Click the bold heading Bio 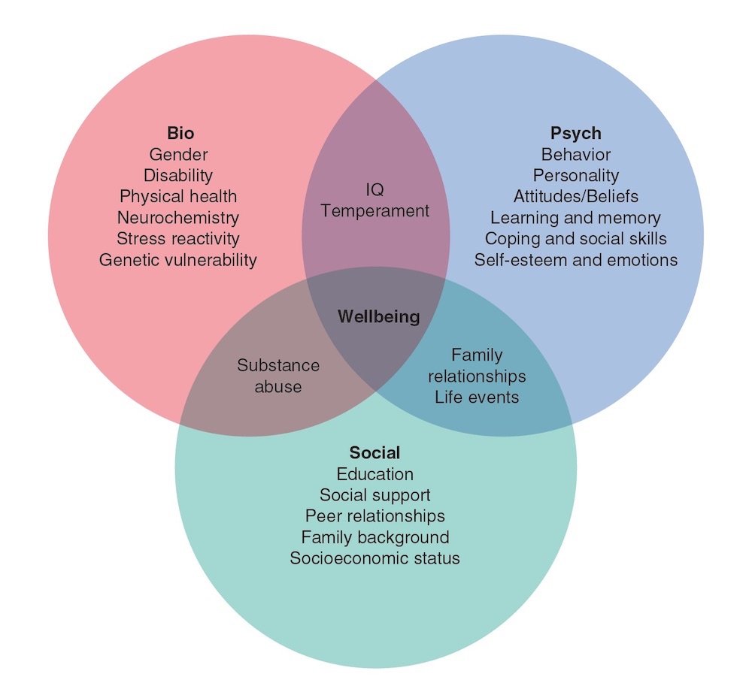(x=180, y=133)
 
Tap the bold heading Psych (x=575, y=133)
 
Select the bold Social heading (x=374, y=452)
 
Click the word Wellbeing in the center (x=379, y=317)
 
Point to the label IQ (x=374, y=190)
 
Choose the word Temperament (x=374, y=211)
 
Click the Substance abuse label (x=278, y=376)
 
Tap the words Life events (x=477, y=397)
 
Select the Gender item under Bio (x=178, y=154)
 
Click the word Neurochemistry (x=178, y=218)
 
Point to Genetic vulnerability (x=178, y=260)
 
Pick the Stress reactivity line (x=178, y=239)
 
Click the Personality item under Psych (x=575, y=175)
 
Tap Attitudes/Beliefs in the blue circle (x=575, y=196)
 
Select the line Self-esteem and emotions (x=575, y=260)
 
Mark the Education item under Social (x=374, y=474)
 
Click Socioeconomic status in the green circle (x=374, y=558)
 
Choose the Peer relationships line (x=374, y=516)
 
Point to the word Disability (x=178, y=175)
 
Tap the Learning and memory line (x=575, y=218)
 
